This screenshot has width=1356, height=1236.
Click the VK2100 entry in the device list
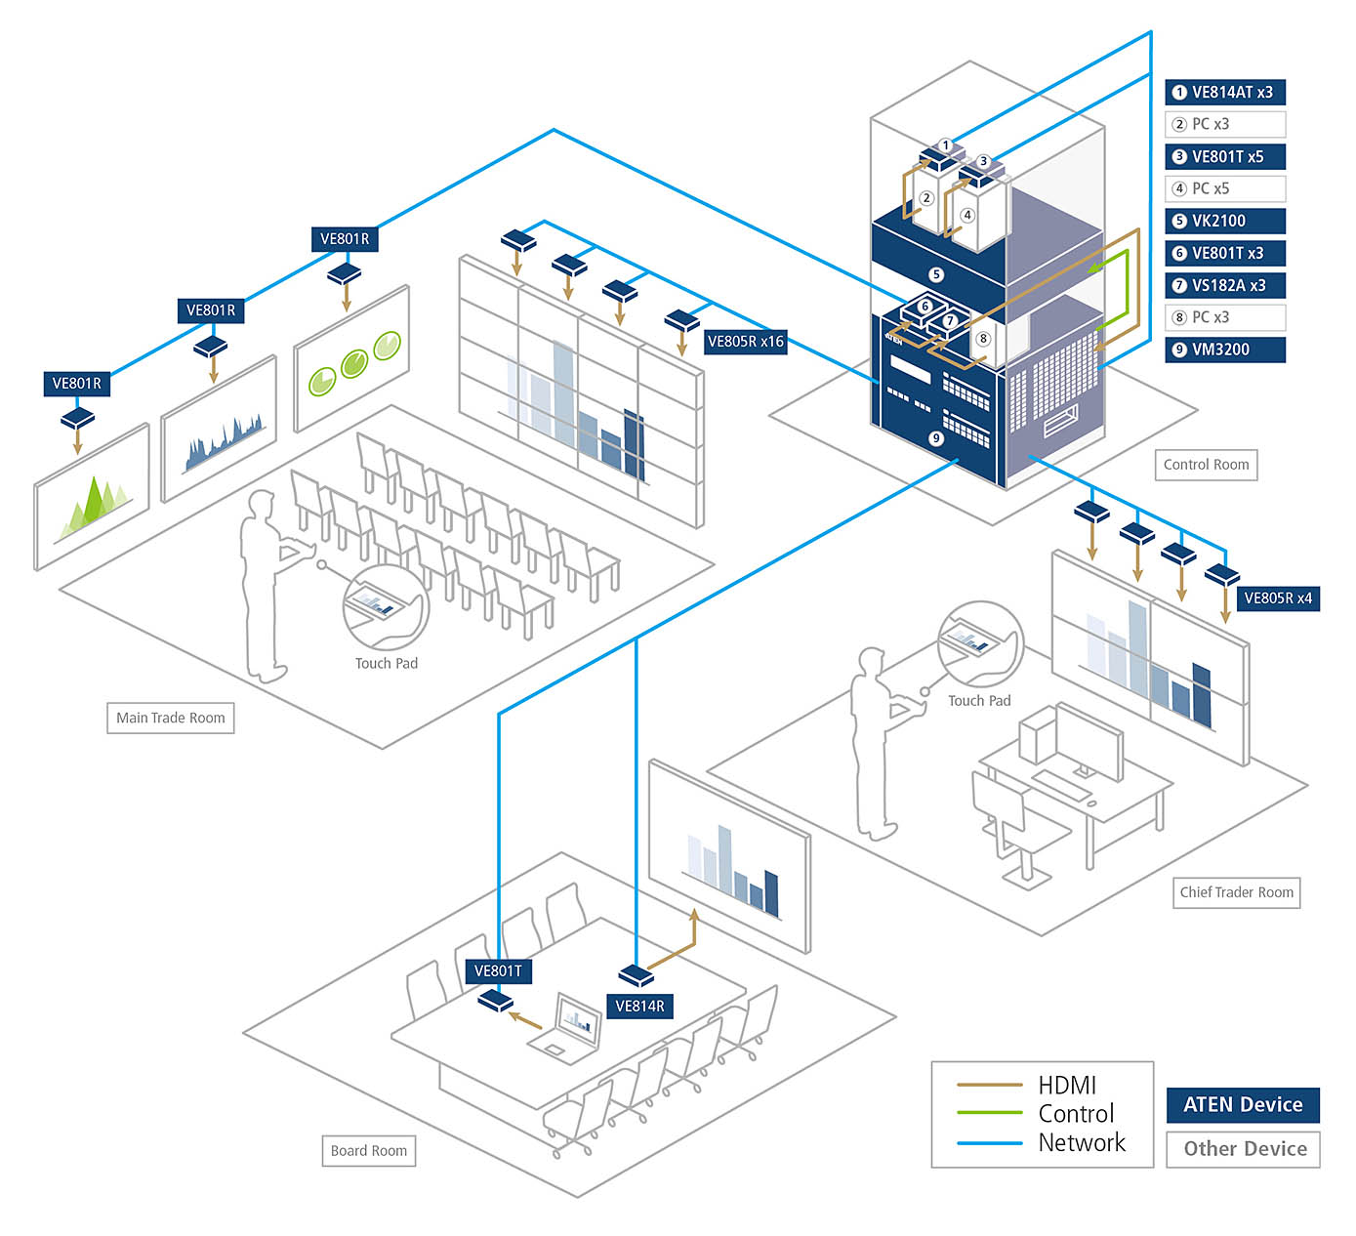[x=1225, y=221]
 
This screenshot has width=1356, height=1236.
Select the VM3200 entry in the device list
[x=1225, y=350]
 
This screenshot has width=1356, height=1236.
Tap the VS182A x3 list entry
[x=1225, y=285]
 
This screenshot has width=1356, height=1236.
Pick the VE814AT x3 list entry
[x=1225, y=93]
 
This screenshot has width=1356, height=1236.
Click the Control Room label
[x=1206, y=465]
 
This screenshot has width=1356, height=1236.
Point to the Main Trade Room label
[x=170, y=718]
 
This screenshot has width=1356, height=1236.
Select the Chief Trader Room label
[x=1236, y=892]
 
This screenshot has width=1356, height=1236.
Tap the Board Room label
[x=368, y=1151]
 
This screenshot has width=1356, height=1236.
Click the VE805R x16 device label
[x=745, y=342]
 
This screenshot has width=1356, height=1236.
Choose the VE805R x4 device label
[x=1277, y=598]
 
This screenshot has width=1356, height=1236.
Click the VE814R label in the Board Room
[x=639, y=1007]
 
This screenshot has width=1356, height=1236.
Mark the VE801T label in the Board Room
[x=498, y=971]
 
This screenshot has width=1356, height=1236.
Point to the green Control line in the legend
[x=989, y=1114]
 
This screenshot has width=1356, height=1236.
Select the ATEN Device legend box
[x=1243, y=1105]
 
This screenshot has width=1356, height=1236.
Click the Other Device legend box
[x=1244, y=1149]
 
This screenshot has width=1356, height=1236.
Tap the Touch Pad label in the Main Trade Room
[x=386, y=664]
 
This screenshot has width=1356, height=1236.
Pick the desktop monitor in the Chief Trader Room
[x=1089, y=742]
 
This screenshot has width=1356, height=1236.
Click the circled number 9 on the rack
[x=936, y=438]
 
